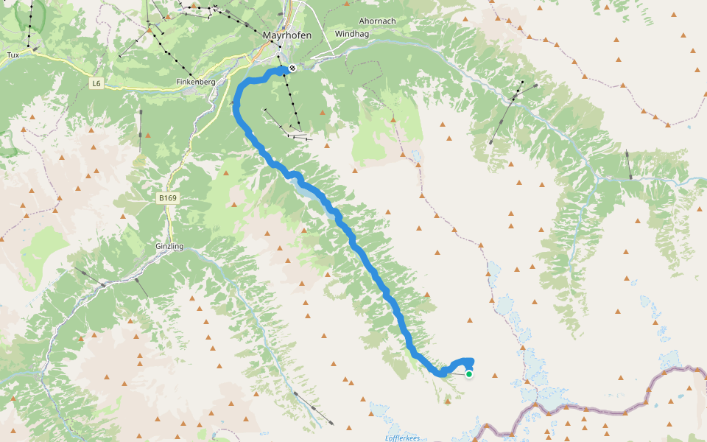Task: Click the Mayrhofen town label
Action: [x=286, y=35]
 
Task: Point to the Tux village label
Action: [x=13, y=55]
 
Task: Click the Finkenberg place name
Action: [x=196, y=82]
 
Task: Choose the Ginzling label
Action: [x=169, y=245]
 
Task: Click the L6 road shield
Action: [x=96, y=83]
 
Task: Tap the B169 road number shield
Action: [x=169, y=198]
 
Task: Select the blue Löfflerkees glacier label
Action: [x=402, y=438]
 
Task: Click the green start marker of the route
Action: [x=468, y=374]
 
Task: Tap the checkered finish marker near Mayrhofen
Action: [x=292, y=69]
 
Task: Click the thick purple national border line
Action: [x=589, y=410]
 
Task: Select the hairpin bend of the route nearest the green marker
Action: [x=440, y=373]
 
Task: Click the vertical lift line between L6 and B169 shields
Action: [x=140, y=131]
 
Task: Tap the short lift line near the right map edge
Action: [x=628, y=165]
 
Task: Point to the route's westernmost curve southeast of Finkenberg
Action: [x=236, y=108]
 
